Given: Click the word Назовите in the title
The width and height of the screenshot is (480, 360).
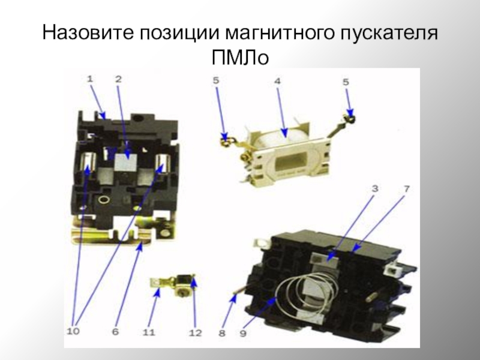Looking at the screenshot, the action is coord(88,32).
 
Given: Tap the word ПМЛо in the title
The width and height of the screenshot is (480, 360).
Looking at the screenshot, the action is coord(240,58).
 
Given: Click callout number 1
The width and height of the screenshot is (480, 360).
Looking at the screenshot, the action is coord(89,79).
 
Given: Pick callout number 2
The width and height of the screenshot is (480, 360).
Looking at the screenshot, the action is coord(118,79).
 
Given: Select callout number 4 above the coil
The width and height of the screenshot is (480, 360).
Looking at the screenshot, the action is coord(277,81).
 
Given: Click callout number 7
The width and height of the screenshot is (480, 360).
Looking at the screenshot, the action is coord(406,189).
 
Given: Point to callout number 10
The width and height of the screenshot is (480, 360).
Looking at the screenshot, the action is coord(73,331).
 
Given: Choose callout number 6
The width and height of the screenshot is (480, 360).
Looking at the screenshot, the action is coord(115,332).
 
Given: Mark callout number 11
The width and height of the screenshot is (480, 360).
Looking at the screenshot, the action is coord(149,332).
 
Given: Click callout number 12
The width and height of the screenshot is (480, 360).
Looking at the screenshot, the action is coord(196,333).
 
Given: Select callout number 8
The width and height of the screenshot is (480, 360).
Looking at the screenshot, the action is coord(222,333).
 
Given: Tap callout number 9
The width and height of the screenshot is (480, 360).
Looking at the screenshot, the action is coord(243,333).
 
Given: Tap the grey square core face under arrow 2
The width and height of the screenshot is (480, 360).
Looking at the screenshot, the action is coord(125,161).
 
